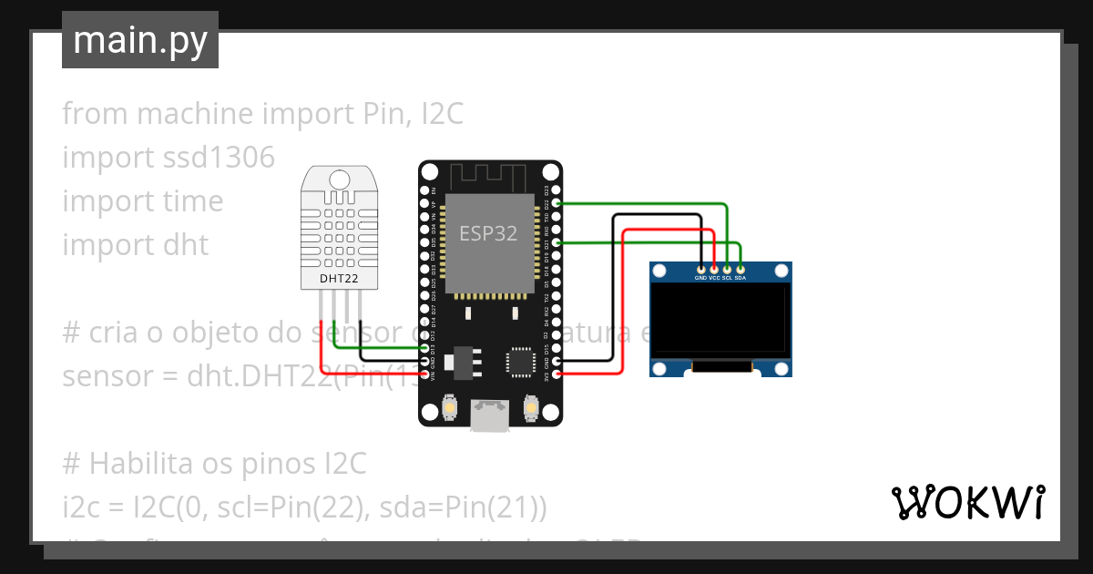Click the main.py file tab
click(x=140, y=40)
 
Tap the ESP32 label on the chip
click(x=487, y=233)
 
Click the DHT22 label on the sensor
click(x=339, y=277)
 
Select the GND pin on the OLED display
click(x=700, y=269)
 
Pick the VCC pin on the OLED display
click(x=714, y=269)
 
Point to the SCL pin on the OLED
click(x=727, y=269)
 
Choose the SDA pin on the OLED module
click(x=741, y=269)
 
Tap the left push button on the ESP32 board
click(x=448, y=410)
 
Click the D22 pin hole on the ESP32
click(x=557, y=203)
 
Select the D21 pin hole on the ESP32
click(x=557, y=243)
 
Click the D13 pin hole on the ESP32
click(x=424, y=348)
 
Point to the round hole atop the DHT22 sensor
click(x=340, y=178)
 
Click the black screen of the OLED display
click(x=720, y=318)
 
